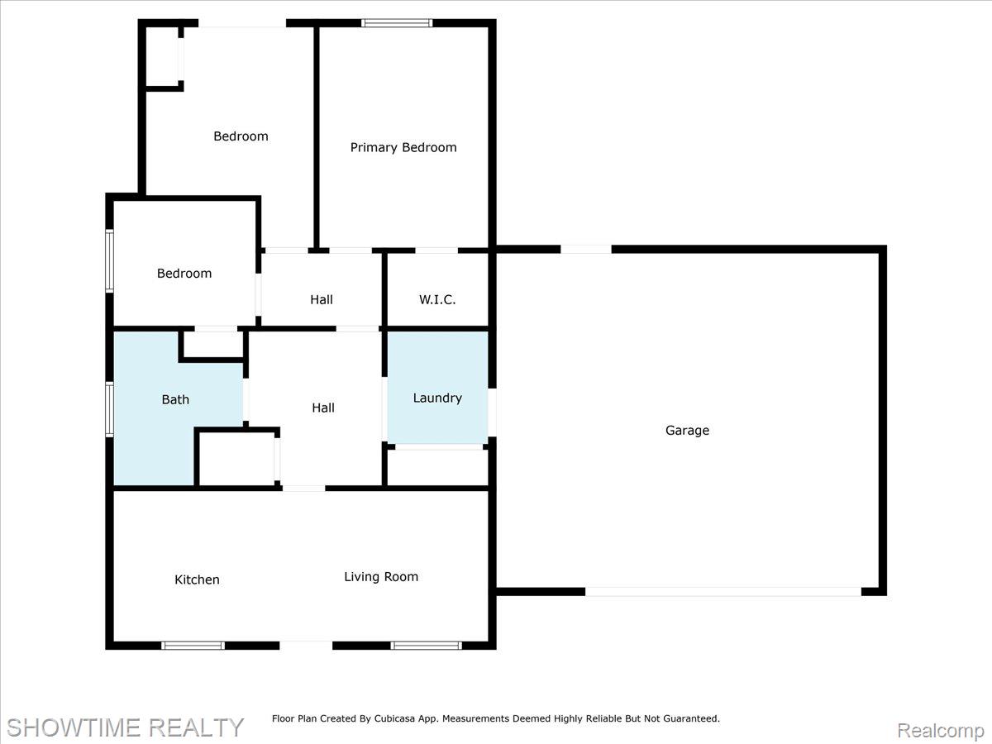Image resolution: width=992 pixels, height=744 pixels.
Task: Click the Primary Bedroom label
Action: coord(403,148)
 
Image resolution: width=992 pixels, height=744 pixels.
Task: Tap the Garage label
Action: coord(687,431)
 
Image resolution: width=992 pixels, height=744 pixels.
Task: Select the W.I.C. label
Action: coord(437,299)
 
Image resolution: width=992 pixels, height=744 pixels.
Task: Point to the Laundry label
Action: coord(437,398)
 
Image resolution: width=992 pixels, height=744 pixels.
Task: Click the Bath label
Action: coord(175,399)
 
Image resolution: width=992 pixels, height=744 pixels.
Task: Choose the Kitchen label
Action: coord(197,579)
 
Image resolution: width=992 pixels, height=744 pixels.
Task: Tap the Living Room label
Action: coord(381,577)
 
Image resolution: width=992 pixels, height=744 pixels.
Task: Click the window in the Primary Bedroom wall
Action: coord(397,23)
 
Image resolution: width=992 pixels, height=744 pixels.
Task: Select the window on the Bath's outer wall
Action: coord(109,409)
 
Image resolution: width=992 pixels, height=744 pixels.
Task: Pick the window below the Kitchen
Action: coord(193,646)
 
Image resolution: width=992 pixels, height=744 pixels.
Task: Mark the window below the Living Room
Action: coord(427,646)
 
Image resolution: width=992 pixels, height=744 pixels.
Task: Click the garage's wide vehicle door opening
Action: coord(723,592)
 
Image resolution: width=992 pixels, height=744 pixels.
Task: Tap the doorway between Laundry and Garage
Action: coord(492,413)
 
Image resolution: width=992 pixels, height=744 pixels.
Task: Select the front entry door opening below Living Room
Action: coord(306,646)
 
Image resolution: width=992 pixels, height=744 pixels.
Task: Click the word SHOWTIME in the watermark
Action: coord(74,727)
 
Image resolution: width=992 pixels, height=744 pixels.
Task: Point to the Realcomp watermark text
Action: coord(941,730)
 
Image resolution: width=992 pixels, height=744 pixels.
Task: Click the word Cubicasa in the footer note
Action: coord(394,718)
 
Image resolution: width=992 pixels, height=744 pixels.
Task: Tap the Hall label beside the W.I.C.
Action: coord(322,299)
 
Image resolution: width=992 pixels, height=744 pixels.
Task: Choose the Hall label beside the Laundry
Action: coord(323,408)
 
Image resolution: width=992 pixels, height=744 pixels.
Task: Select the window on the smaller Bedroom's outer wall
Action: coord(109,261)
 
